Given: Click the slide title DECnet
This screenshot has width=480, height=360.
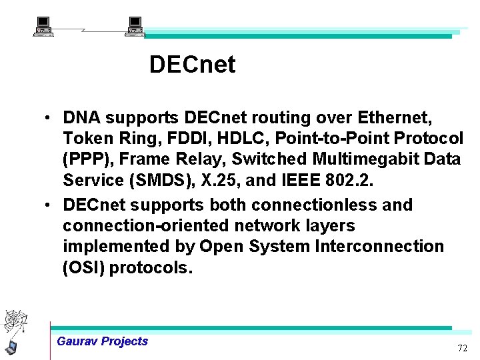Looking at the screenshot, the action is [x=192, y=65].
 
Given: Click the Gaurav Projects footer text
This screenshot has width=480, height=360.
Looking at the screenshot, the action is [x=103, y=341].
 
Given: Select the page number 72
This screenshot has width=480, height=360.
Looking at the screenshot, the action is [x=462, y=349].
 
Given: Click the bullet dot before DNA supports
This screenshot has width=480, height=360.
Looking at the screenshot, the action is [x=49, y=119].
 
